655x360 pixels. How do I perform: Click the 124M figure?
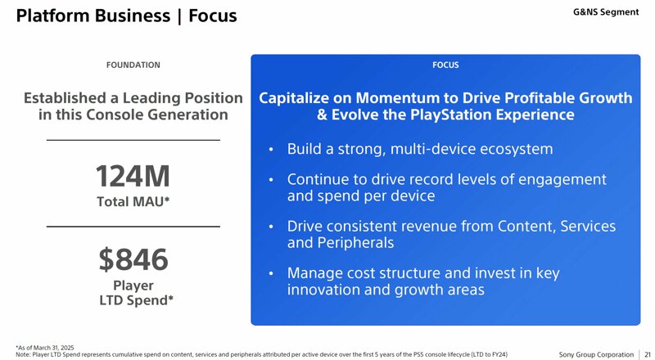133,176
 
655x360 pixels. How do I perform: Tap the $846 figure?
133,259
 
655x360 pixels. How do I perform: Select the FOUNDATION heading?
133,65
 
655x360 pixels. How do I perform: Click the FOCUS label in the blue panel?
445,65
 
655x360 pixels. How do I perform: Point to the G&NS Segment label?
606,12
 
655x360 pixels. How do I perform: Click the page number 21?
648,354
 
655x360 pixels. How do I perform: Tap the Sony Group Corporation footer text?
596,354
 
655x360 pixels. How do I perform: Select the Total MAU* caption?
133,202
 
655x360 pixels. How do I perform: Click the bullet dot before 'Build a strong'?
271,149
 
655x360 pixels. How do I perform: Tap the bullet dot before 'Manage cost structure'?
271,273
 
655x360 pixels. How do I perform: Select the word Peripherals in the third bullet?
355,243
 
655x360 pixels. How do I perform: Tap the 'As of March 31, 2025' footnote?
45,348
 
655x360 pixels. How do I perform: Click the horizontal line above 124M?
133,141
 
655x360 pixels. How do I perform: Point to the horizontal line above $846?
133,227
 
